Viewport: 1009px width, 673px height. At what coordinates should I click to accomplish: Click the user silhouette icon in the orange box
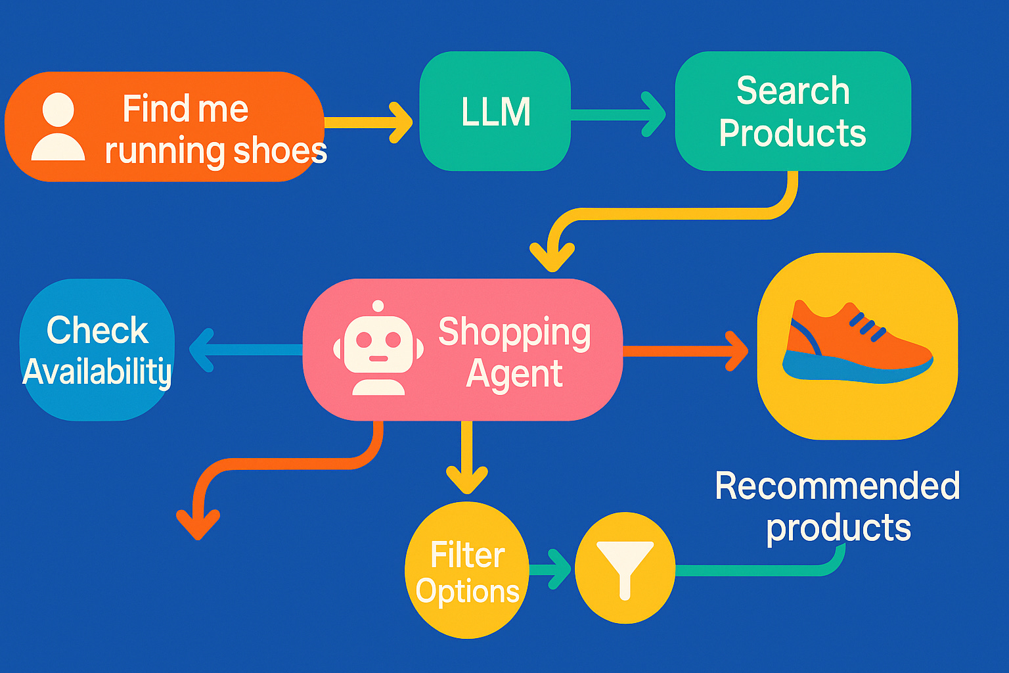pos(58,127)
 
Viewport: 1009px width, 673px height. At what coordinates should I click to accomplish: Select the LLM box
pos(495,112)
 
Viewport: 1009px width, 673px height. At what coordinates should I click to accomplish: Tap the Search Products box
pos(792,112)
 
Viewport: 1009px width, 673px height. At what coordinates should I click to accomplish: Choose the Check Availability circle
pos(97,350)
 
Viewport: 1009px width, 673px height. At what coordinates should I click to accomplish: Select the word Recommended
pos(837,486)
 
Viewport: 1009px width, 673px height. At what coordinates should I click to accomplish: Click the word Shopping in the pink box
pos(514,333)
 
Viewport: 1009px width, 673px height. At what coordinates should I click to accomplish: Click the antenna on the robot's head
pos(378,306)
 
